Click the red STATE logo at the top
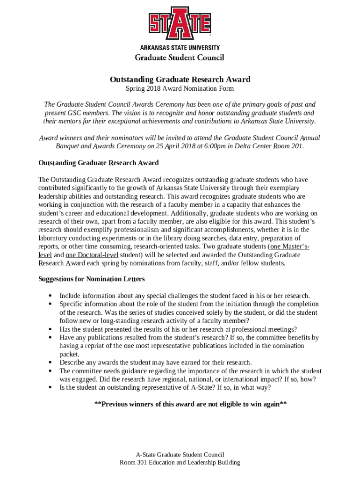tap(180, 23)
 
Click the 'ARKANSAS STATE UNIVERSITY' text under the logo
tap(180, 48)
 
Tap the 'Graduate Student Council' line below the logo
tap(180, 58)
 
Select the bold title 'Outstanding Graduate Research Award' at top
tap(180, 79)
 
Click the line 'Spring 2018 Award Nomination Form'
tap(180, 88)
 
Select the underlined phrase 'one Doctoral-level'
tap(92, 255)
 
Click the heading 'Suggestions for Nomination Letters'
tap(91, 279)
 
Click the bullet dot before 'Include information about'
tap(50, 296)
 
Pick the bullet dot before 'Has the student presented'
tap(50, 329)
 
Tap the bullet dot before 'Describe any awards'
tap(50, 363)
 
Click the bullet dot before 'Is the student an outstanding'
tap(50, 388)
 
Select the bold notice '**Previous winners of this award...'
tap(190, 404)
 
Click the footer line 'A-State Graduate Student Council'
tap(180, 454)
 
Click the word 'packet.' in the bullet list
tap(69, 354)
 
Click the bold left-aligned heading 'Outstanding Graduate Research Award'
tap(98, 163)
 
